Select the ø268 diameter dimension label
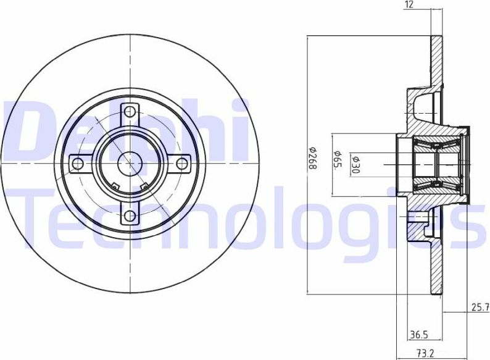(313, 154)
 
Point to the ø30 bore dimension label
(356, 164)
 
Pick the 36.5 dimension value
(418, 335)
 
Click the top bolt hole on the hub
(130, 112)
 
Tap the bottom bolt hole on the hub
(130, 216)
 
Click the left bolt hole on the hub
(78, 164)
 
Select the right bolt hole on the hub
(181, 164)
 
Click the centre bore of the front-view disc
(130, 164)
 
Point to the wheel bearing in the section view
(436, 164)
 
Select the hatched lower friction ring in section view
(437, 266)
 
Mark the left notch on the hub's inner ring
(115, 184)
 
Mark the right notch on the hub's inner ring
(144, 184)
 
